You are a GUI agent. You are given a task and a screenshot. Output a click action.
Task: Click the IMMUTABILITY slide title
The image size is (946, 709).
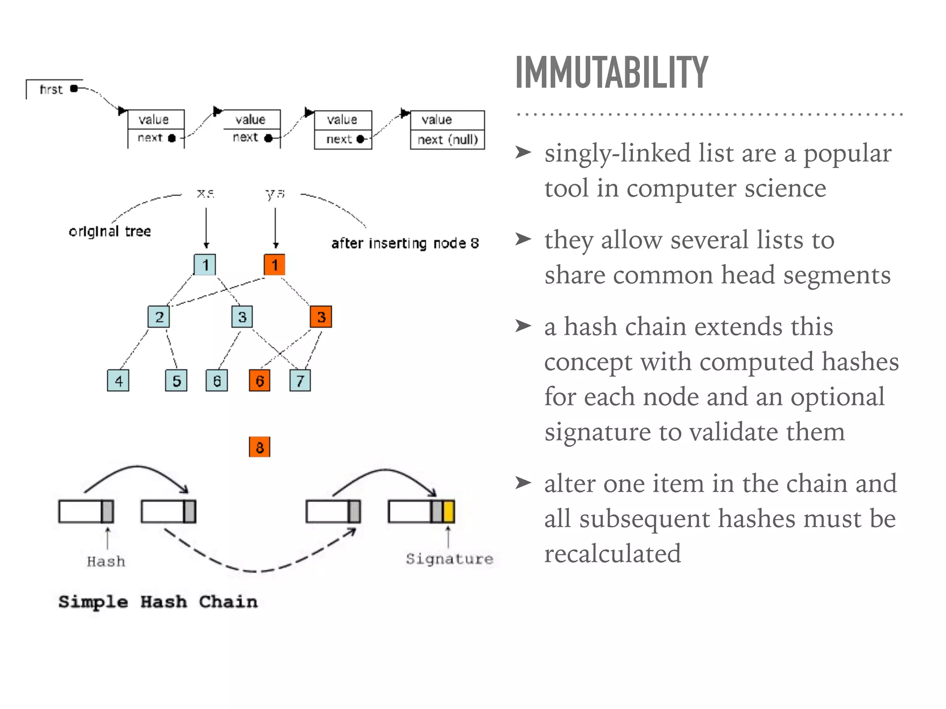click(x=611, y=72)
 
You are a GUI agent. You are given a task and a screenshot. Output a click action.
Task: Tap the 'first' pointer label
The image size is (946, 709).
click(x=51, y=89)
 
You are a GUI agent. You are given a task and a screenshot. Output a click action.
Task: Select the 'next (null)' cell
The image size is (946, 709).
click(x=447, y=139)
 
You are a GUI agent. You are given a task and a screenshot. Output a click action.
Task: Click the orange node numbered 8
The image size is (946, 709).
click(x=260, y=447)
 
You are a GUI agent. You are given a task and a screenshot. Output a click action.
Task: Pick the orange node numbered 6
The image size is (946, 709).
click(x=260, y=380)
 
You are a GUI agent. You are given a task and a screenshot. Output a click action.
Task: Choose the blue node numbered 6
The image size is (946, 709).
click(x=217, y=380)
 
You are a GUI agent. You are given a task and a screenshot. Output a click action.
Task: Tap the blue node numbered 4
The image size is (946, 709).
click(x=118, y=380)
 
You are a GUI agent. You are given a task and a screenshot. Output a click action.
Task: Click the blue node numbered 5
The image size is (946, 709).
click(x=176, y=380)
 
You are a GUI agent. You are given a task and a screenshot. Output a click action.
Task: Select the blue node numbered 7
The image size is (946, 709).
click(x=300, y=380)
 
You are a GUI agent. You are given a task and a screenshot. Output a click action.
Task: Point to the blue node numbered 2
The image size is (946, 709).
click(x=159, y=317)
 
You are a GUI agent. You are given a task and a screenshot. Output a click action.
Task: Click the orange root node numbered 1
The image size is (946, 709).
click(x=274, y=264)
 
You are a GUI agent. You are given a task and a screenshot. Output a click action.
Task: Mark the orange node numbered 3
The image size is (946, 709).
click(x=321, y=317)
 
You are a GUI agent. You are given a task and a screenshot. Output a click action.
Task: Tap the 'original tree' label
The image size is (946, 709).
click(x=110, y=231)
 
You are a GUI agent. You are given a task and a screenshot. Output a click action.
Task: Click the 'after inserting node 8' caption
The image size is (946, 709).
click(x=405, y=243)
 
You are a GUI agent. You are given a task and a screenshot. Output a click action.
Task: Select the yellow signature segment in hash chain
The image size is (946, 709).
click(x=449, y=511)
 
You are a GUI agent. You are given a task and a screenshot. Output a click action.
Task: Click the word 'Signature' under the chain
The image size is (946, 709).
click(x=449, y=559)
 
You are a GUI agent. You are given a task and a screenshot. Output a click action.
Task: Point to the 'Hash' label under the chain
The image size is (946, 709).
click(x=106, y=561)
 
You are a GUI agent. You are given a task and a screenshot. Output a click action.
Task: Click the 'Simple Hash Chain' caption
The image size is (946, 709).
click(x=158, y=601)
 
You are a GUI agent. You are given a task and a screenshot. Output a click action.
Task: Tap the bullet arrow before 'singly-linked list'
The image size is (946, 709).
click(x=523, y=152)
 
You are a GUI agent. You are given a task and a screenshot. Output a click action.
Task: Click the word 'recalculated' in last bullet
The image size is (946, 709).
click(x=612, y=553)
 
